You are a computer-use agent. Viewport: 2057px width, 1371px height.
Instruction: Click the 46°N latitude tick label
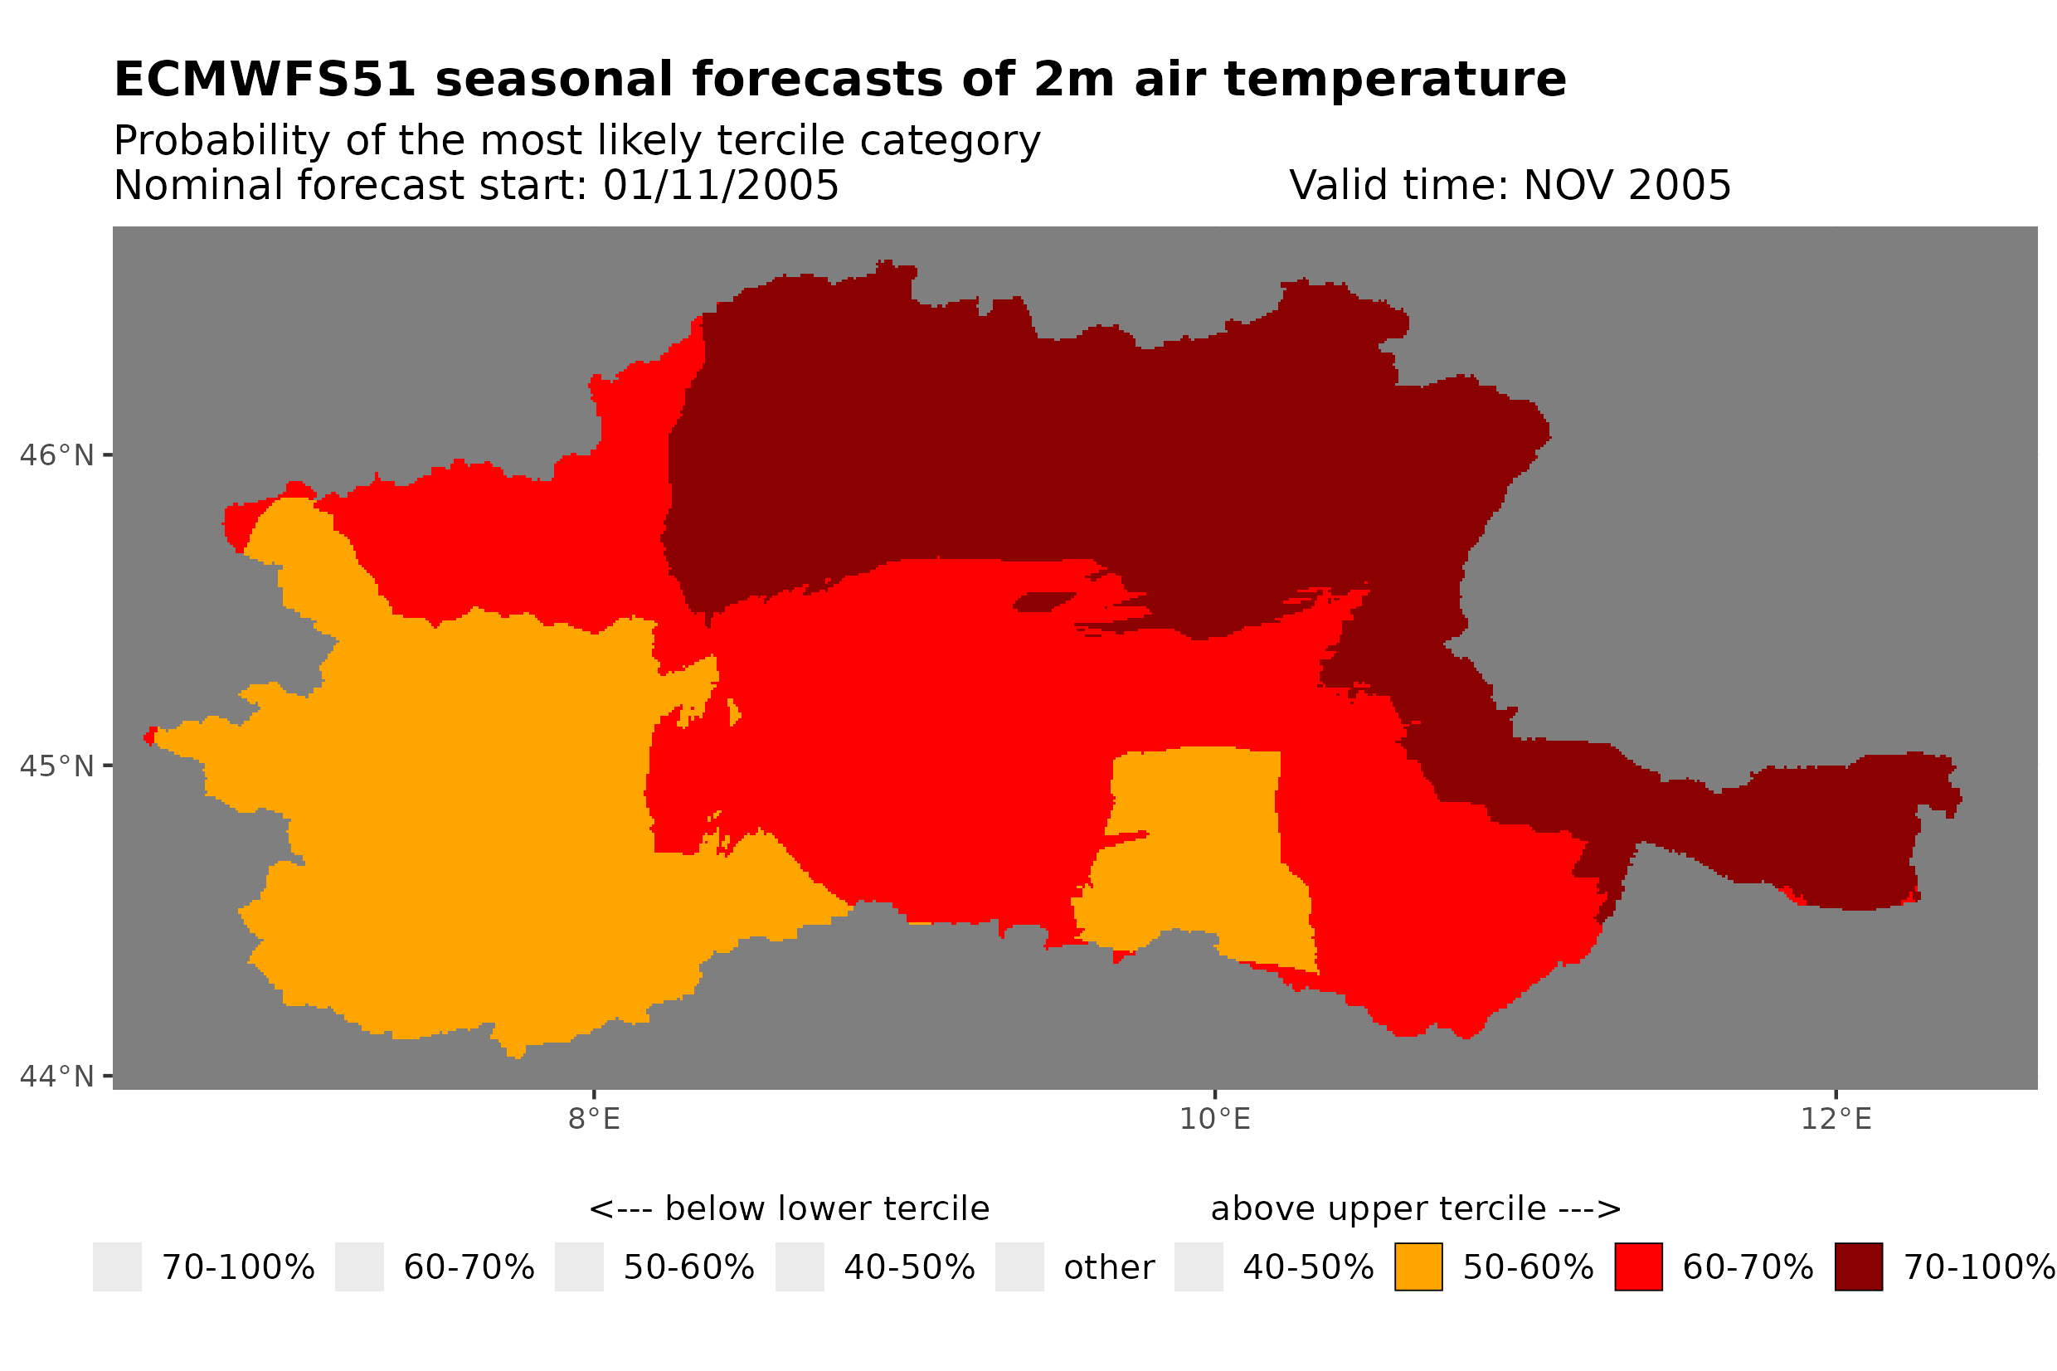pos(56,455)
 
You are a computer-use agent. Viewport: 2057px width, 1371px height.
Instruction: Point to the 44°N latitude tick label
pos(56,1077)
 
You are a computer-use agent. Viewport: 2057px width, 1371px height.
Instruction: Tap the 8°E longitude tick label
pos(594,1119)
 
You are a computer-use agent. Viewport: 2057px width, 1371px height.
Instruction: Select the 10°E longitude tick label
pos(1214,1119)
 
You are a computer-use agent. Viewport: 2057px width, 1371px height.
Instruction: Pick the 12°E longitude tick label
pos(1835,1119)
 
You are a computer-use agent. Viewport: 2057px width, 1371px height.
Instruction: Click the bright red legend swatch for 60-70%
pos(1637,1267)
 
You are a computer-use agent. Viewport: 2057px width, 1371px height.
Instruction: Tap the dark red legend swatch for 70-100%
pos(1858,1267)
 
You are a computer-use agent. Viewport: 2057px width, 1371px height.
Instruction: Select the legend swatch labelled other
pos(1019,1267)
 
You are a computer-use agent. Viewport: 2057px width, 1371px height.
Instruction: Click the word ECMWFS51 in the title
pos(264,80)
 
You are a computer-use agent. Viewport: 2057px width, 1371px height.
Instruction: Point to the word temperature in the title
pos(1393,80)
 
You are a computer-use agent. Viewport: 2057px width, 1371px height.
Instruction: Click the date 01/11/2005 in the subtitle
pos(720,185)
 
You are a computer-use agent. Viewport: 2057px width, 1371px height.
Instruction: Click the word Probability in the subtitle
pos(221,141)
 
